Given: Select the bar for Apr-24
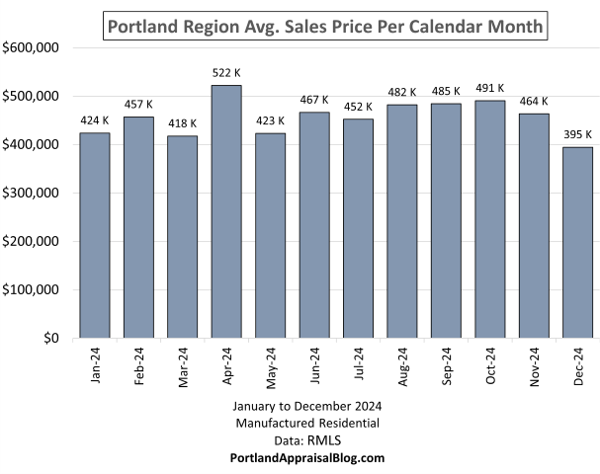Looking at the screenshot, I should [226, 211].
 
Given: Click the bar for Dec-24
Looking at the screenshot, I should [578, 243].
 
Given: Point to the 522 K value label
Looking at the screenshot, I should [226, 73].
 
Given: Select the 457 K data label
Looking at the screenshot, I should [138, 105].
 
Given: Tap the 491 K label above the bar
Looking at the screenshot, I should [490, 88].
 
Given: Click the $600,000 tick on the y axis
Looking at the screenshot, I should [33, 47].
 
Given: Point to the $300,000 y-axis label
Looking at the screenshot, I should [33, 193].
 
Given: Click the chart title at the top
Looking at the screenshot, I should [325, 26].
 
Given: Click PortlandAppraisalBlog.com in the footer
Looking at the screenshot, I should [307, 458].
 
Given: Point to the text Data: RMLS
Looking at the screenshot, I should [307, 440].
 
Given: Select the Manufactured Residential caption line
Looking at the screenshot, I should [307, 423].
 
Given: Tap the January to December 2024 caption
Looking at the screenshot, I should [307, 406].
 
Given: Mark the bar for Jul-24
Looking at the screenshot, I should [359, 228].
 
